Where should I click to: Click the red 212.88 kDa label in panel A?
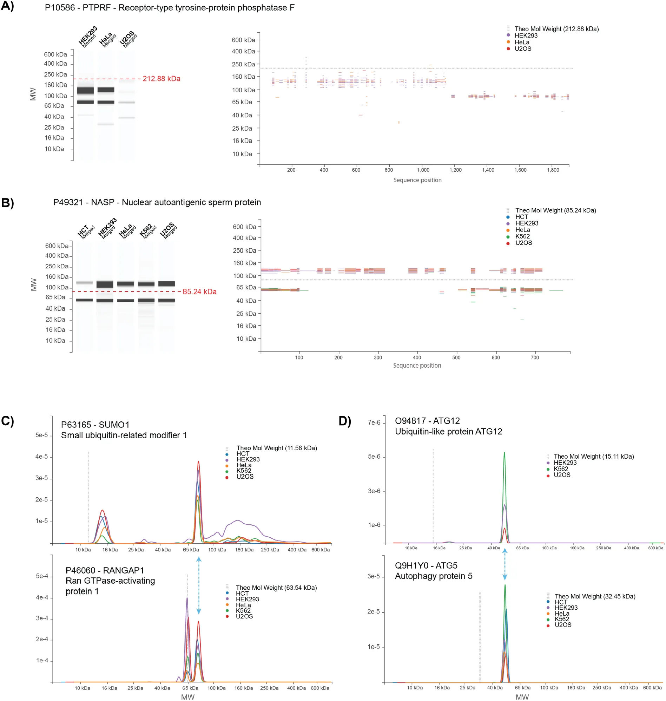tap(161, 79)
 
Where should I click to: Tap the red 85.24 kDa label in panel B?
tap(199, 291)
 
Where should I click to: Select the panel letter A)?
tap(7, 6)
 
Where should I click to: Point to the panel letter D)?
tap(345, 421)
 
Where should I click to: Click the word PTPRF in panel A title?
tap(97, 8)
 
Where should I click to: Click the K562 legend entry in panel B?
tap(522, 236)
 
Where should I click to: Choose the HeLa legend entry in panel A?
tap(522, 42)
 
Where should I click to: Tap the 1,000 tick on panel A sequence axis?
tap(423, 170)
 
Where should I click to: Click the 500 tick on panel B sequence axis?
tap(456, 358)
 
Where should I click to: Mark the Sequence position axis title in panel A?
tap(417, 180)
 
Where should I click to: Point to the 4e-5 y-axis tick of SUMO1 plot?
tap(41, 457)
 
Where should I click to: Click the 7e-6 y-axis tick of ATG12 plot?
tap(374, 422)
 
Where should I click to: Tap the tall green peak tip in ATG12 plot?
tap(505, 453)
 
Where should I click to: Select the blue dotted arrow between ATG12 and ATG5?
tap(505, 564)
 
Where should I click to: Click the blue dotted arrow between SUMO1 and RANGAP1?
tap(199, 585)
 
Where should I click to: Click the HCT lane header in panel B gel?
tap(85, 231)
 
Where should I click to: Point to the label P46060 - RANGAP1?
tap(105, 570)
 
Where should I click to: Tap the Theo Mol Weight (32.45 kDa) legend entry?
tap(595, 596)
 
